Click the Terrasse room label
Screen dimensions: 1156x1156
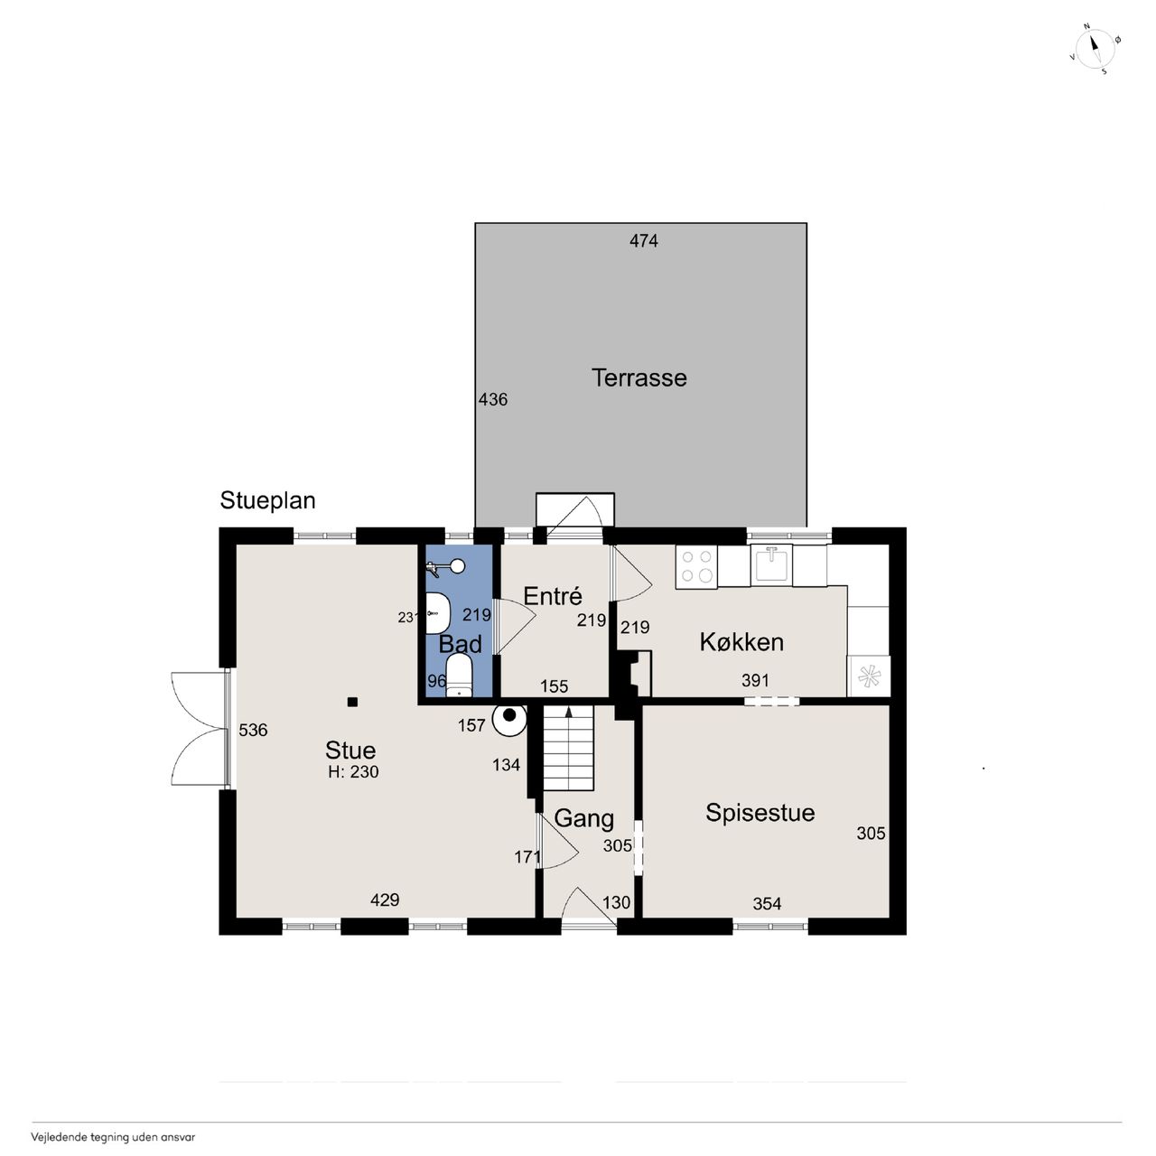point(639,378)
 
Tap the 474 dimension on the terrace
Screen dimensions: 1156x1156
point(644,241)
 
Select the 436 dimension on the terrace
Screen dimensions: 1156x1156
point(493,399)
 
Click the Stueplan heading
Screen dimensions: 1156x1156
point(267,501)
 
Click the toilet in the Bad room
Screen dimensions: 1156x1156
point(460,676)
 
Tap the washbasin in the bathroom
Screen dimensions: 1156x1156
point(437,613)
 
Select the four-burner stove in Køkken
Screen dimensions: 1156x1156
point(696,567)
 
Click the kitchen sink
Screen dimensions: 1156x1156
point(771,564)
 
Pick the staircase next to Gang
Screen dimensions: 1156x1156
point(568,748)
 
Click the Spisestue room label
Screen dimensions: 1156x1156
point(760,813)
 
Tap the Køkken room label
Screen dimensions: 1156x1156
point(741,642)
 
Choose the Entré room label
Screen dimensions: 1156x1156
point(553,596)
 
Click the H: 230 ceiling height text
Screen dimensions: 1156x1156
point(353,772)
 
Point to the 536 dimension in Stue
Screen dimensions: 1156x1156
point(253,730)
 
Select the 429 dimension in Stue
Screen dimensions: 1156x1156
point(385,900)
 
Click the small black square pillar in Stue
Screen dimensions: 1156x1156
point(353,702)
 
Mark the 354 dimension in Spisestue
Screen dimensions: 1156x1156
point(767,903)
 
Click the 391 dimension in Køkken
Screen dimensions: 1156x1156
point(755,680)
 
